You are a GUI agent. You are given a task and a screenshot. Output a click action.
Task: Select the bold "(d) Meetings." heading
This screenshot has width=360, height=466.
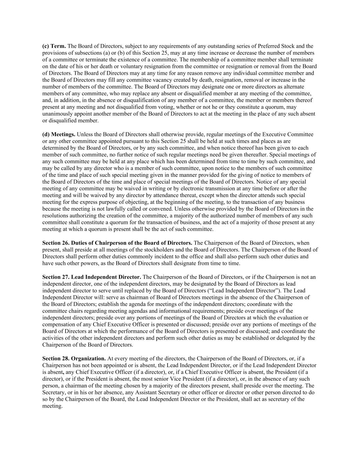[x=59, y=135]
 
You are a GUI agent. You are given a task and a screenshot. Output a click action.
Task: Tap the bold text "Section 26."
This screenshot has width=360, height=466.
[x=56, y=243]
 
